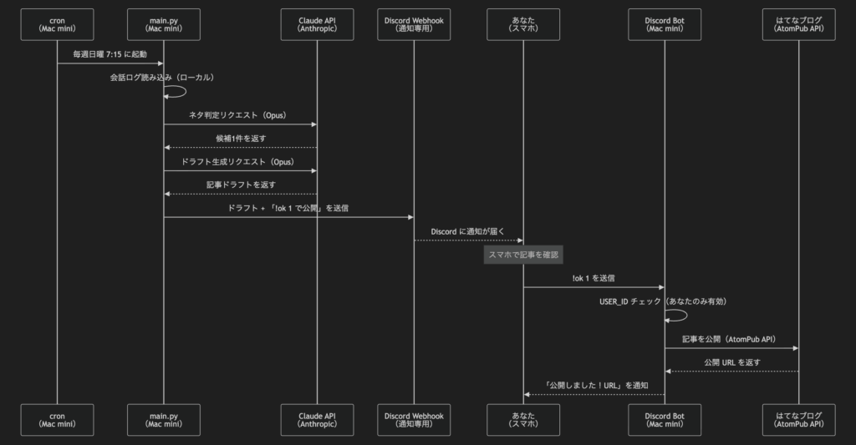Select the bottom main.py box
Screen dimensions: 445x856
pos(164,419)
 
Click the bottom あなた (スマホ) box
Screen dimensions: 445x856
pos(523,419)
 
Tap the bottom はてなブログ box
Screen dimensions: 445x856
pos(799,419)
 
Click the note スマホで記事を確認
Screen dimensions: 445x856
pos(524,255)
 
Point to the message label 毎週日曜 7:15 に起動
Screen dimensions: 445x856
pos(110,54)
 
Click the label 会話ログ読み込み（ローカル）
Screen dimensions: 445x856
pos(163,78)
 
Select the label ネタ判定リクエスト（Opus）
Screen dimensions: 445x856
pos(240,114)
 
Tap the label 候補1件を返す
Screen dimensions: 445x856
pos(241,138)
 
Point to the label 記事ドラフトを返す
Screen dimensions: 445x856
pos(241,185)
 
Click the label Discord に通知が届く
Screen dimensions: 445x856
pos(468,230)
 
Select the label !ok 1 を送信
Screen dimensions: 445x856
pos(594,277)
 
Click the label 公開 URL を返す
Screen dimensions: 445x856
pos(732,362)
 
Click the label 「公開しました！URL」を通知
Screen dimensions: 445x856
pos(595,385)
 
